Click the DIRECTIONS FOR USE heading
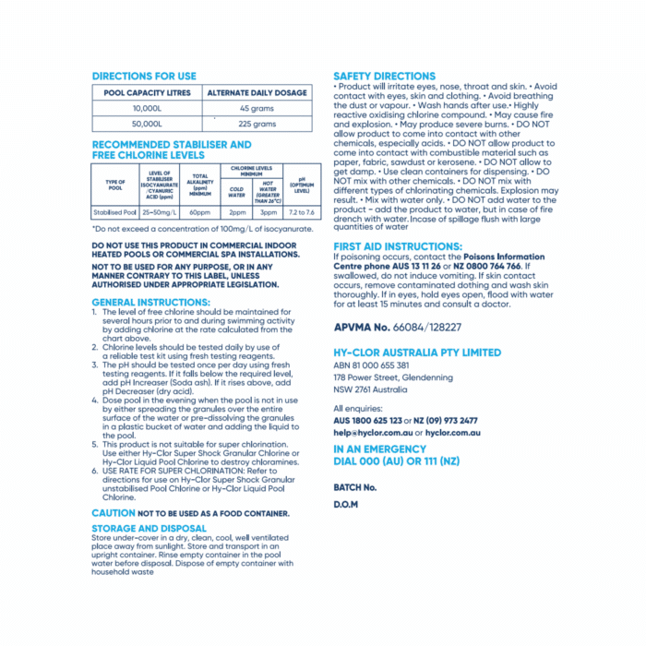tap(144, 77)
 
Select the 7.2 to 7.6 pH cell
tap(302, 212)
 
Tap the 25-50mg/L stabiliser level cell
tap(158, 212)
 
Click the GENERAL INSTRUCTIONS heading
tap(150, 302)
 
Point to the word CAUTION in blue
tap(114, 512)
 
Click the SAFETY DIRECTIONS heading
tap(384, 77)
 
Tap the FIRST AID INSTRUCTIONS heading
tap(398, 246)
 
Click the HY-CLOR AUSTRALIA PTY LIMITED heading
tap(417, 353)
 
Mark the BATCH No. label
tap(355, 486)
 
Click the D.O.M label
tap(345, 505)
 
